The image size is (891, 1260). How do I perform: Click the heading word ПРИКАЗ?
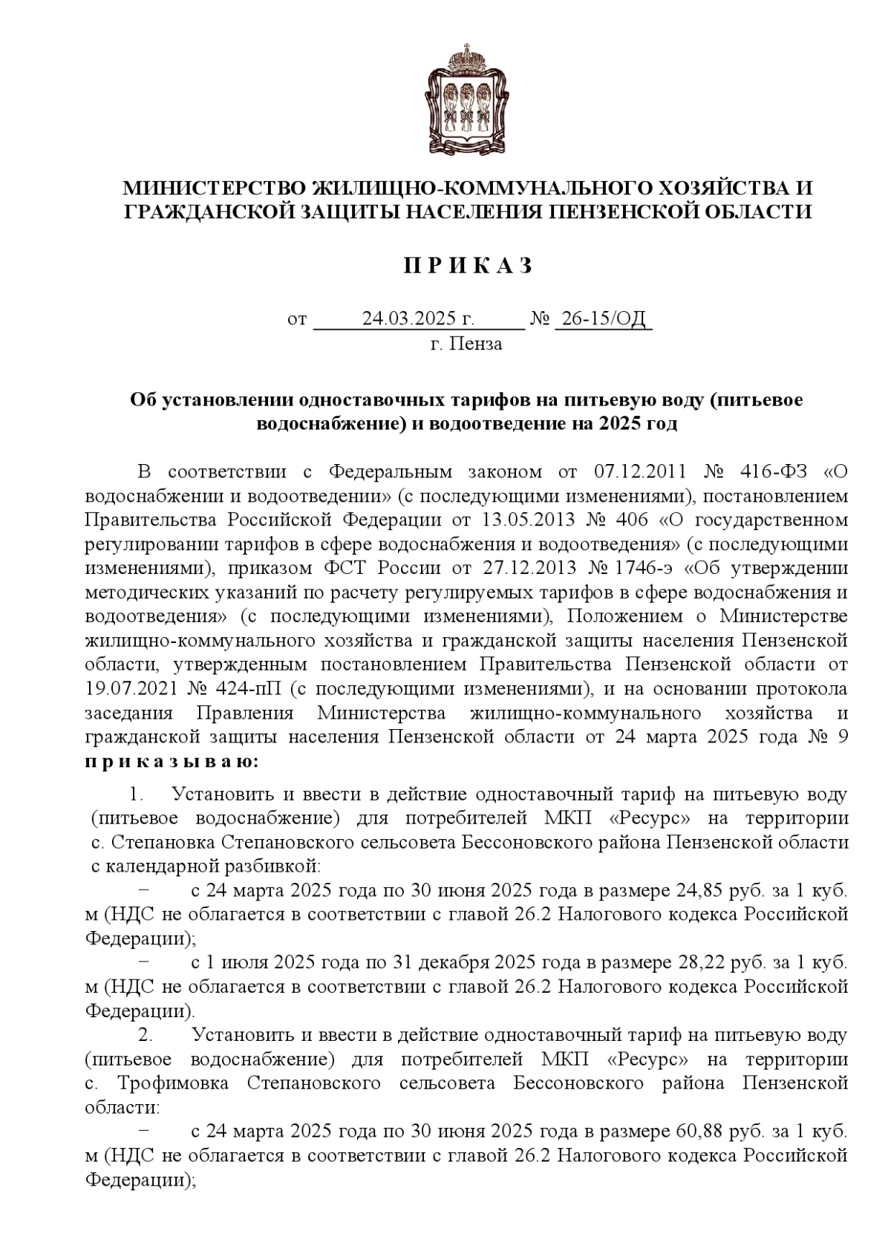coord(468,267)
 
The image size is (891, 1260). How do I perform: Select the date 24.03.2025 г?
coord(418,319)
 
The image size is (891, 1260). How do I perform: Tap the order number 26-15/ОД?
coord(603,319)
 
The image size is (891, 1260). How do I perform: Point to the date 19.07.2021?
coord(131,688)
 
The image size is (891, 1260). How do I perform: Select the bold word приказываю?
coord(172,761)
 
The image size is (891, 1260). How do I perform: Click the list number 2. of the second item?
coord(146,1034)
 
